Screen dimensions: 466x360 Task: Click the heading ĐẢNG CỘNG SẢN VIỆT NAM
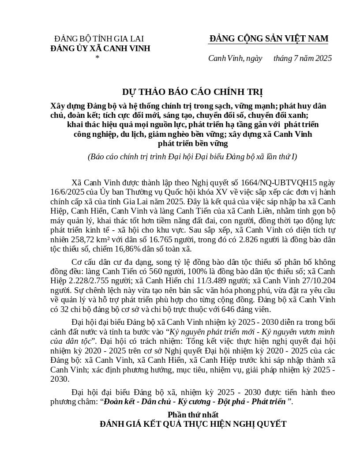269,39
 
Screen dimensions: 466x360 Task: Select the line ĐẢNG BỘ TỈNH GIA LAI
99,39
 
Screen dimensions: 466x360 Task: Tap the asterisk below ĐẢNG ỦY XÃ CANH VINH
97,58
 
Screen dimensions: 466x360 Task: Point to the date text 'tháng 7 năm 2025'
302,58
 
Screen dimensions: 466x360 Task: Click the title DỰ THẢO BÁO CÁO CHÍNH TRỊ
192,92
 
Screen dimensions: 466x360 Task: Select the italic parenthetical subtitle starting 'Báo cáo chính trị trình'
192,157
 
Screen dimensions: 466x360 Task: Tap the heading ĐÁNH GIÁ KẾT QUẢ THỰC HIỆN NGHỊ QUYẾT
193,424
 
